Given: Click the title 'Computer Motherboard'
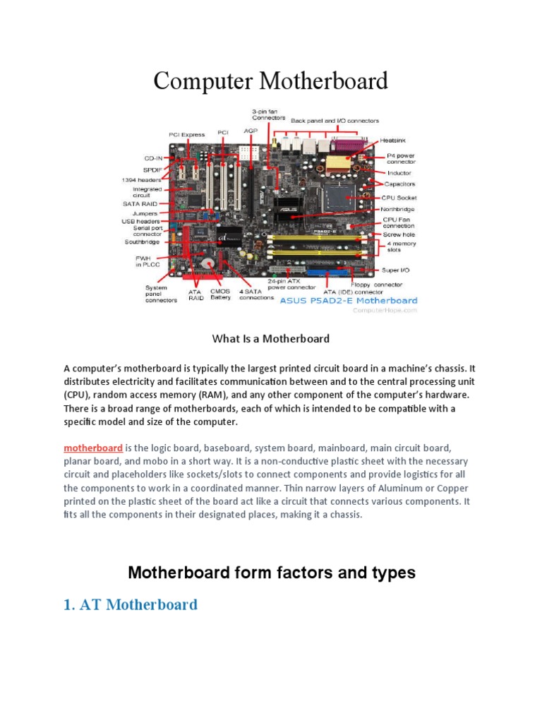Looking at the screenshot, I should (271, 81).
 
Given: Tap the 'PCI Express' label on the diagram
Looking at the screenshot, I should (186, 134).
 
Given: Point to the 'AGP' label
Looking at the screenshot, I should (250, 131).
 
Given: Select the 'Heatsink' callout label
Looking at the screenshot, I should (393, 141).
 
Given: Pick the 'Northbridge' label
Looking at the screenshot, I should (397, 209).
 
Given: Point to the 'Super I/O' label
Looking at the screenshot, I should (396, 270).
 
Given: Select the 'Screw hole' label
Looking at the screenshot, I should (398, 235).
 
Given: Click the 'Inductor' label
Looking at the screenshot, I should (399, 172).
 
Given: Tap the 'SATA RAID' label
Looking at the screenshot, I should (144, 203).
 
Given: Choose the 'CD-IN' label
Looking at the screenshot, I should (155, 159).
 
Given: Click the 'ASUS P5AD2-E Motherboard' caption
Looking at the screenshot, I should (348, 300).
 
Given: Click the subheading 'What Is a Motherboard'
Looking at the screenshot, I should (271, 339).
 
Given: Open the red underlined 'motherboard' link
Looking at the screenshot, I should (93, 448).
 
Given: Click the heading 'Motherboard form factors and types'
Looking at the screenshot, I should (271, 573).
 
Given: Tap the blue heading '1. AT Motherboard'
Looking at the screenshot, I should (131, 604).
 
